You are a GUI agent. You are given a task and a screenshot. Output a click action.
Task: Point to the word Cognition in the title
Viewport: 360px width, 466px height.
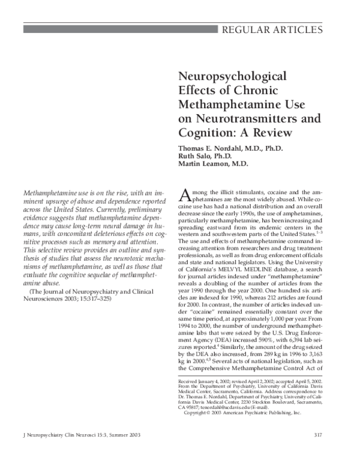click(x=206, y=132)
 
